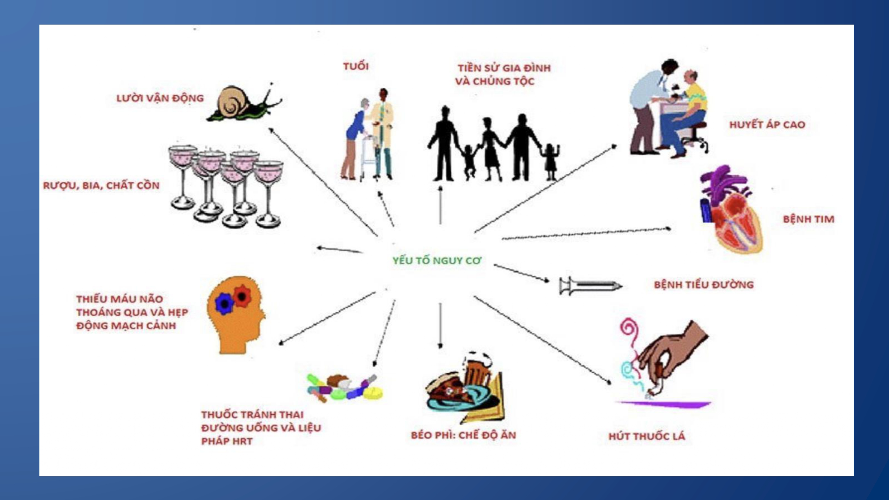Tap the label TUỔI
tap(356, 66)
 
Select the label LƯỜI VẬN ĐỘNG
tap(160, 98)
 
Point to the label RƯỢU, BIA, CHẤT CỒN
tap(101, 186)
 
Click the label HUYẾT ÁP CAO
tap(767, 125)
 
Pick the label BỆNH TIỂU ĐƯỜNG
tap(704, 285)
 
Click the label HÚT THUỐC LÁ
tap(647, 436)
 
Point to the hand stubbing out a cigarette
tap(666, 359)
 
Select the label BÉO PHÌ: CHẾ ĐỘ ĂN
tap(463, 435)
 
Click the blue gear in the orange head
tap(224, 303)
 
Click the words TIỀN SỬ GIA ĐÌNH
tap(504, 68)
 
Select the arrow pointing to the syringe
tap(522, 273)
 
